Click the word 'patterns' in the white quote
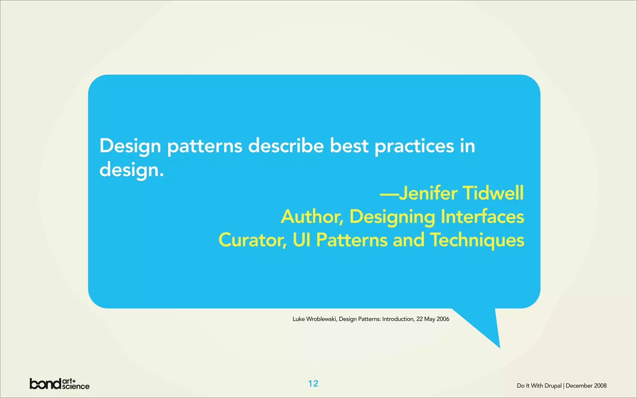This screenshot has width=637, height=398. [x=205, y=146]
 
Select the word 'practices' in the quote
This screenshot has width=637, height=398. [x=414, y=146]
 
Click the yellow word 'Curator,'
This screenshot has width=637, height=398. [x=253, y=240]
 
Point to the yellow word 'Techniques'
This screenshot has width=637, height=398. [x=477, y=240]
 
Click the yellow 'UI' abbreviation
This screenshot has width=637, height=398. [x=301, y=240]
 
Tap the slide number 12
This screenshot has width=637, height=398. [x=313, y=384]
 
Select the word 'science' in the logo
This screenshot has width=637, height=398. [x=76, y=386]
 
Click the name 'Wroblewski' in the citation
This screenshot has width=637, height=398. [x=321, y=319]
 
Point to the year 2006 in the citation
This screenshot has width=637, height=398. [x=443, y=319]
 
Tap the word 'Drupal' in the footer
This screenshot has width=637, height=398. [x=553, y=386]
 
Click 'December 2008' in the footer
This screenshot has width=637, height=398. [x=586, y=386]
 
